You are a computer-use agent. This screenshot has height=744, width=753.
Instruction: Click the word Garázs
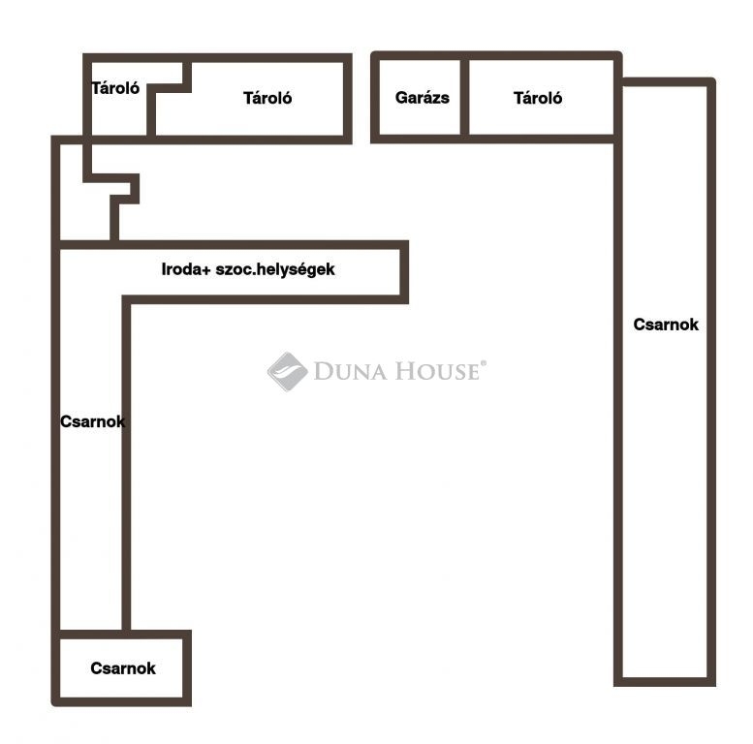pos(423,98)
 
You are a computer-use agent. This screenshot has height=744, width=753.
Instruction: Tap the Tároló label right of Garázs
pos(538,98)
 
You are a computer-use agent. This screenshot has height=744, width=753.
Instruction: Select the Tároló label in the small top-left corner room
pos(115,88)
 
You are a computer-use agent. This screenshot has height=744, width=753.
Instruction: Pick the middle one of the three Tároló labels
pos(267,98)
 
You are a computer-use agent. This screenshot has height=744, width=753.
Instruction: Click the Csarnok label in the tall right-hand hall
pos(666,325)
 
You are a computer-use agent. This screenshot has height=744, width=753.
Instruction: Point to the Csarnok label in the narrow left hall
pos(93,421)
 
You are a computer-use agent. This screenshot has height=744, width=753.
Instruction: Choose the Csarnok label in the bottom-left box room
pos(123,668)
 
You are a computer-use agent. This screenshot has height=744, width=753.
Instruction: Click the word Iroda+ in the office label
pos(186,269)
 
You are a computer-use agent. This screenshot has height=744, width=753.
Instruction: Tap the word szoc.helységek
pos(275,269)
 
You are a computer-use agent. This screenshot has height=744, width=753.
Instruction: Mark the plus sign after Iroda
pos(206,270)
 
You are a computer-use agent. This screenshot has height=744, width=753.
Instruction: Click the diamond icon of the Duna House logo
pos(287,372)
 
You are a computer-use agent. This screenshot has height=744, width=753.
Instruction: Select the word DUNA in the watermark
pos(350,372)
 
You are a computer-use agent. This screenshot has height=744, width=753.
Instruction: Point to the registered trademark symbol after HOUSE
pos(484,363)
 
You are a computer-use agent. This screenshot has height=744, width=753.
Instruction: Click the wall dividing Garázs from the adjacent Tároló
pos(464,98)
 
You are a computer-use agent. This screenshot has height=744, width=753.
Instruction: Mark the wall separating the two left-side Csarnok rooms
pos(121,635)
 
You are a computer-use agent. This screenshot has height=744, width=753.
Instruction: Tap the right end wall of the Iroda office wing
pos(404,272)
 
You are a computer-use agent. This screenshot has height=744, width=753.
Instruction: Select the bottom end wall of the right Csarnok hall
pos(665,682)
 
